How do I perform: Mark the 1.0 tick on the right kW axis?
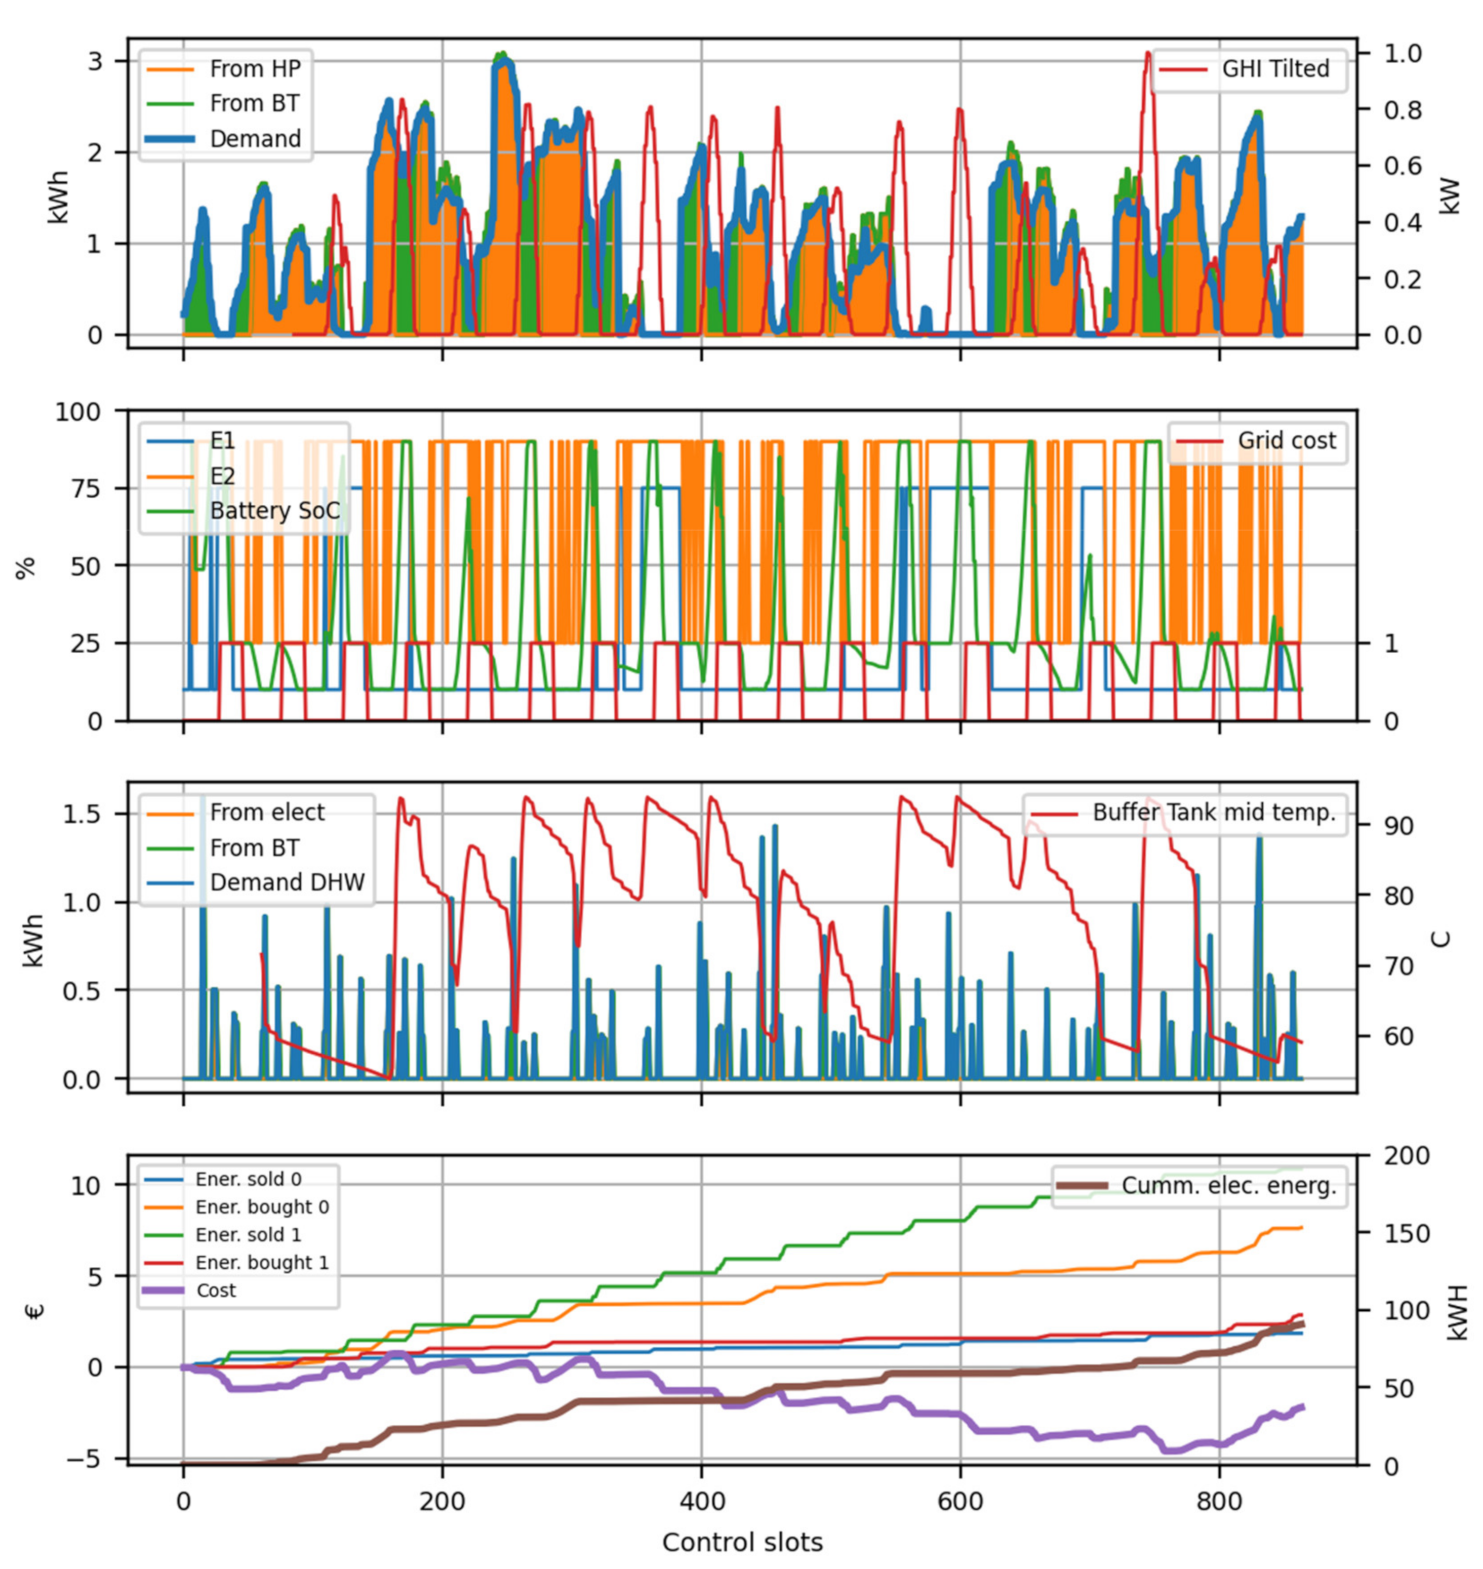pos(1403,53)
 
